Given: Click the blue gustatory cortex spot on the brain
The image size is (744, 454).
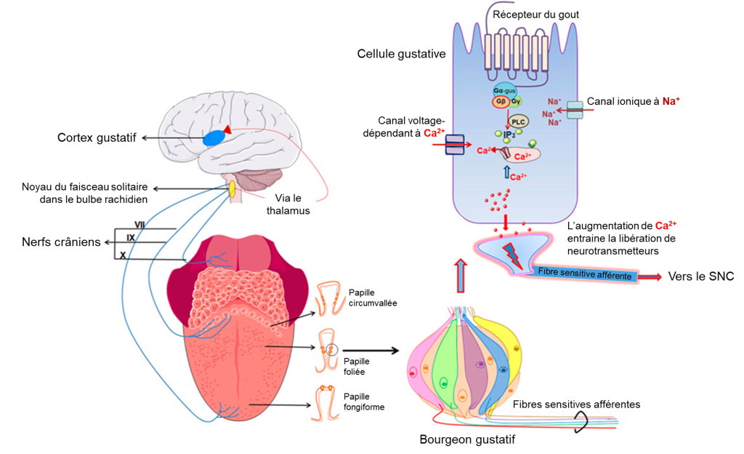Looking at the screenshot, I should [214, 138].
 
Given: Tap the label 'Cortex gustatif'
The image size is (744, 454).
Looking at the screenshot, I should [97, 138].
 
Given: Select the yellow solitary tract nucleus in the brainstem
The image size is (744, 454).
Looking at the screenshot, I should [232, 189].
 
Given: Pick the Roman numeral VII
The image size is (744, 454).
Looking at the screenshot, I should [140, 225].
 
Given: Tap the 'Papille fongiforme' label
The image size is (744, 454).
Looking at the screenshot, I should [364, 402].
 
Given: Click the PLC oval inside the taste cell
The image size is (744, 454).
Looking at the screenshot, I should [517, 122].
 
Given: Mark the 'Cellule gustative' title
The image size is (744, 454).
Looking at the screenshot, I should [401, 54].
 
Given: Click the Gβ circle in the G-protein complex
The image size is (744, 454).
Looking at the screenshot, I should [501, 102].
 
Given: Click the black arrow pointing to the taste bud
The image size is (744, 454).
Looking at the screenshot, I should [371, 350].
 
